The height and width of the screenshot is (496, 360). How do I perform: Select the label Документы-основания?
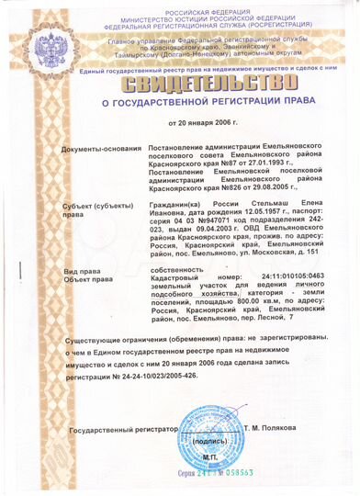click(x=98, y=149)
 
